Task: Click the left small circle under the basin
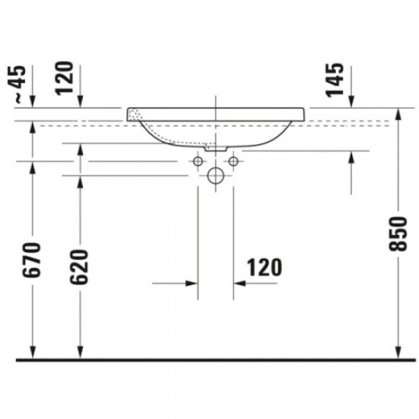(x=198, y=162)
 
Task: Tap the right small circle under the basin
(x=232, y=162)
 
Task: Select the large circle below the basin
(x=215, y=177)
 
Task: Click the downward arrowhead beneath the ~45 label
(x=33, y=104)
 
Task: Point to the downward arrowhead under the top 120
(x=78, y=104)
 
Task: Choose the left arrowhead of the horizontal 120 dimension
(x=192, y=283)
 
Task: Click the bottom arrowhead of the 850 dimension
(x=396, y=350)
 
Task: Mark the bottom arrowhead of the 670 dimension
(x=33, y=350)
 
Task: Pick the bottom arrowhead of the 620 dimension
(x=78, y=350)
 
